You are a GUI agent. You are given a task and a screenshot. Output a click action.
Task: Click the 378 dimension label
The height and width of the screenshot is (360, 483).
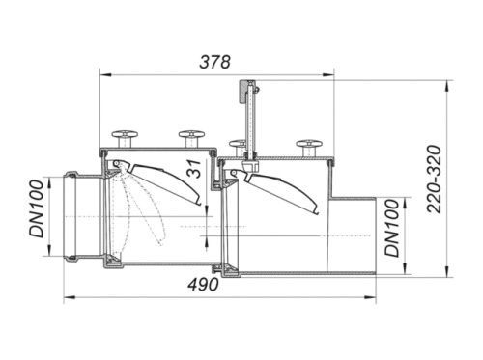pyautogui.click(x=214, y=62)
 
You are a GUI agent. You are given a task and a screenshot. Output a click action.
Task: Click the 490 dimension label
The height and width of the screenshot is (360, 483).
pyautogui.click(x=204, y=285)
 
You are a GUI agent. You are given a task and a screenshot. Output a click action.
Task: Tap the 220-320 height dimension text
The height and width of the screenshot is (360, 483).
pyautogui.click(x=434, y=180)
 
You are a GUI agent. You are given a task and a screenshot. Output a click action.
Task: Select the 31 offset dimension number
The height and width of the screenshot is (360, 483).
pyautogui.click(x=194, y=169)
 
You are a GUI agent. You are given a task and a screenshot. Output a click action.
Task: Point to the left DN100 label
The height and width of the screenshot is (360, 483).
pyautogui.click(x=36, y=208)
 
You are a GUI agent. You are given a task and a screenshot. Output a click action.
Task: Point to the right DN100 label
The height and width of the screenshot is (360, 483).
pyautogui.click(x=392, y=228)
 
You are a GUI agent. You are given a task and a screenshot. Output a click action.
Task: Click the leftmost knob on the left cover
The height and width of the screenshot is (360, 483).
pyautogui.click(x=125, y=138)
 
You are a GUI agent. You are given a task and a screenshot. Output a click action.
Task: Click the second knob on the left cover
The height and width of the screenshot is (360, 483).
pyautogui.click(x=191, y=138)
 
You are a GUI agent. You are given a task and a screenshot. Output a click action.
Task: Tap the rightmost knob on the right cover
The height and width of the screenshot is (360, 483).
pyautogui.click(x=309, y=148)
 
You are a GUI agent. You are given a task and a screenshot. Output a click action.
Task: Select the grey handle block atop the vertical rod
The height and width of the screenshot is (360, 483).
pyautogui.click(x=242, y=92)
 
